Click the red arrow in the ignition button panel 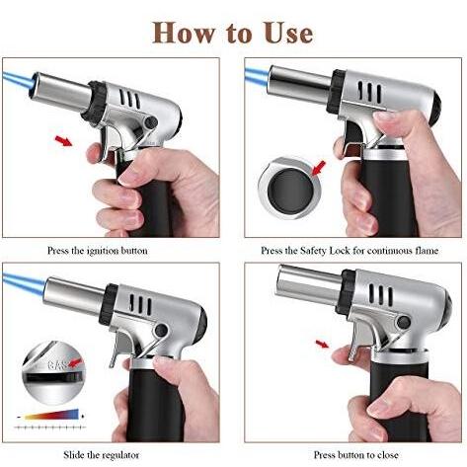pyautogui.click(x=64, y=141)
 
